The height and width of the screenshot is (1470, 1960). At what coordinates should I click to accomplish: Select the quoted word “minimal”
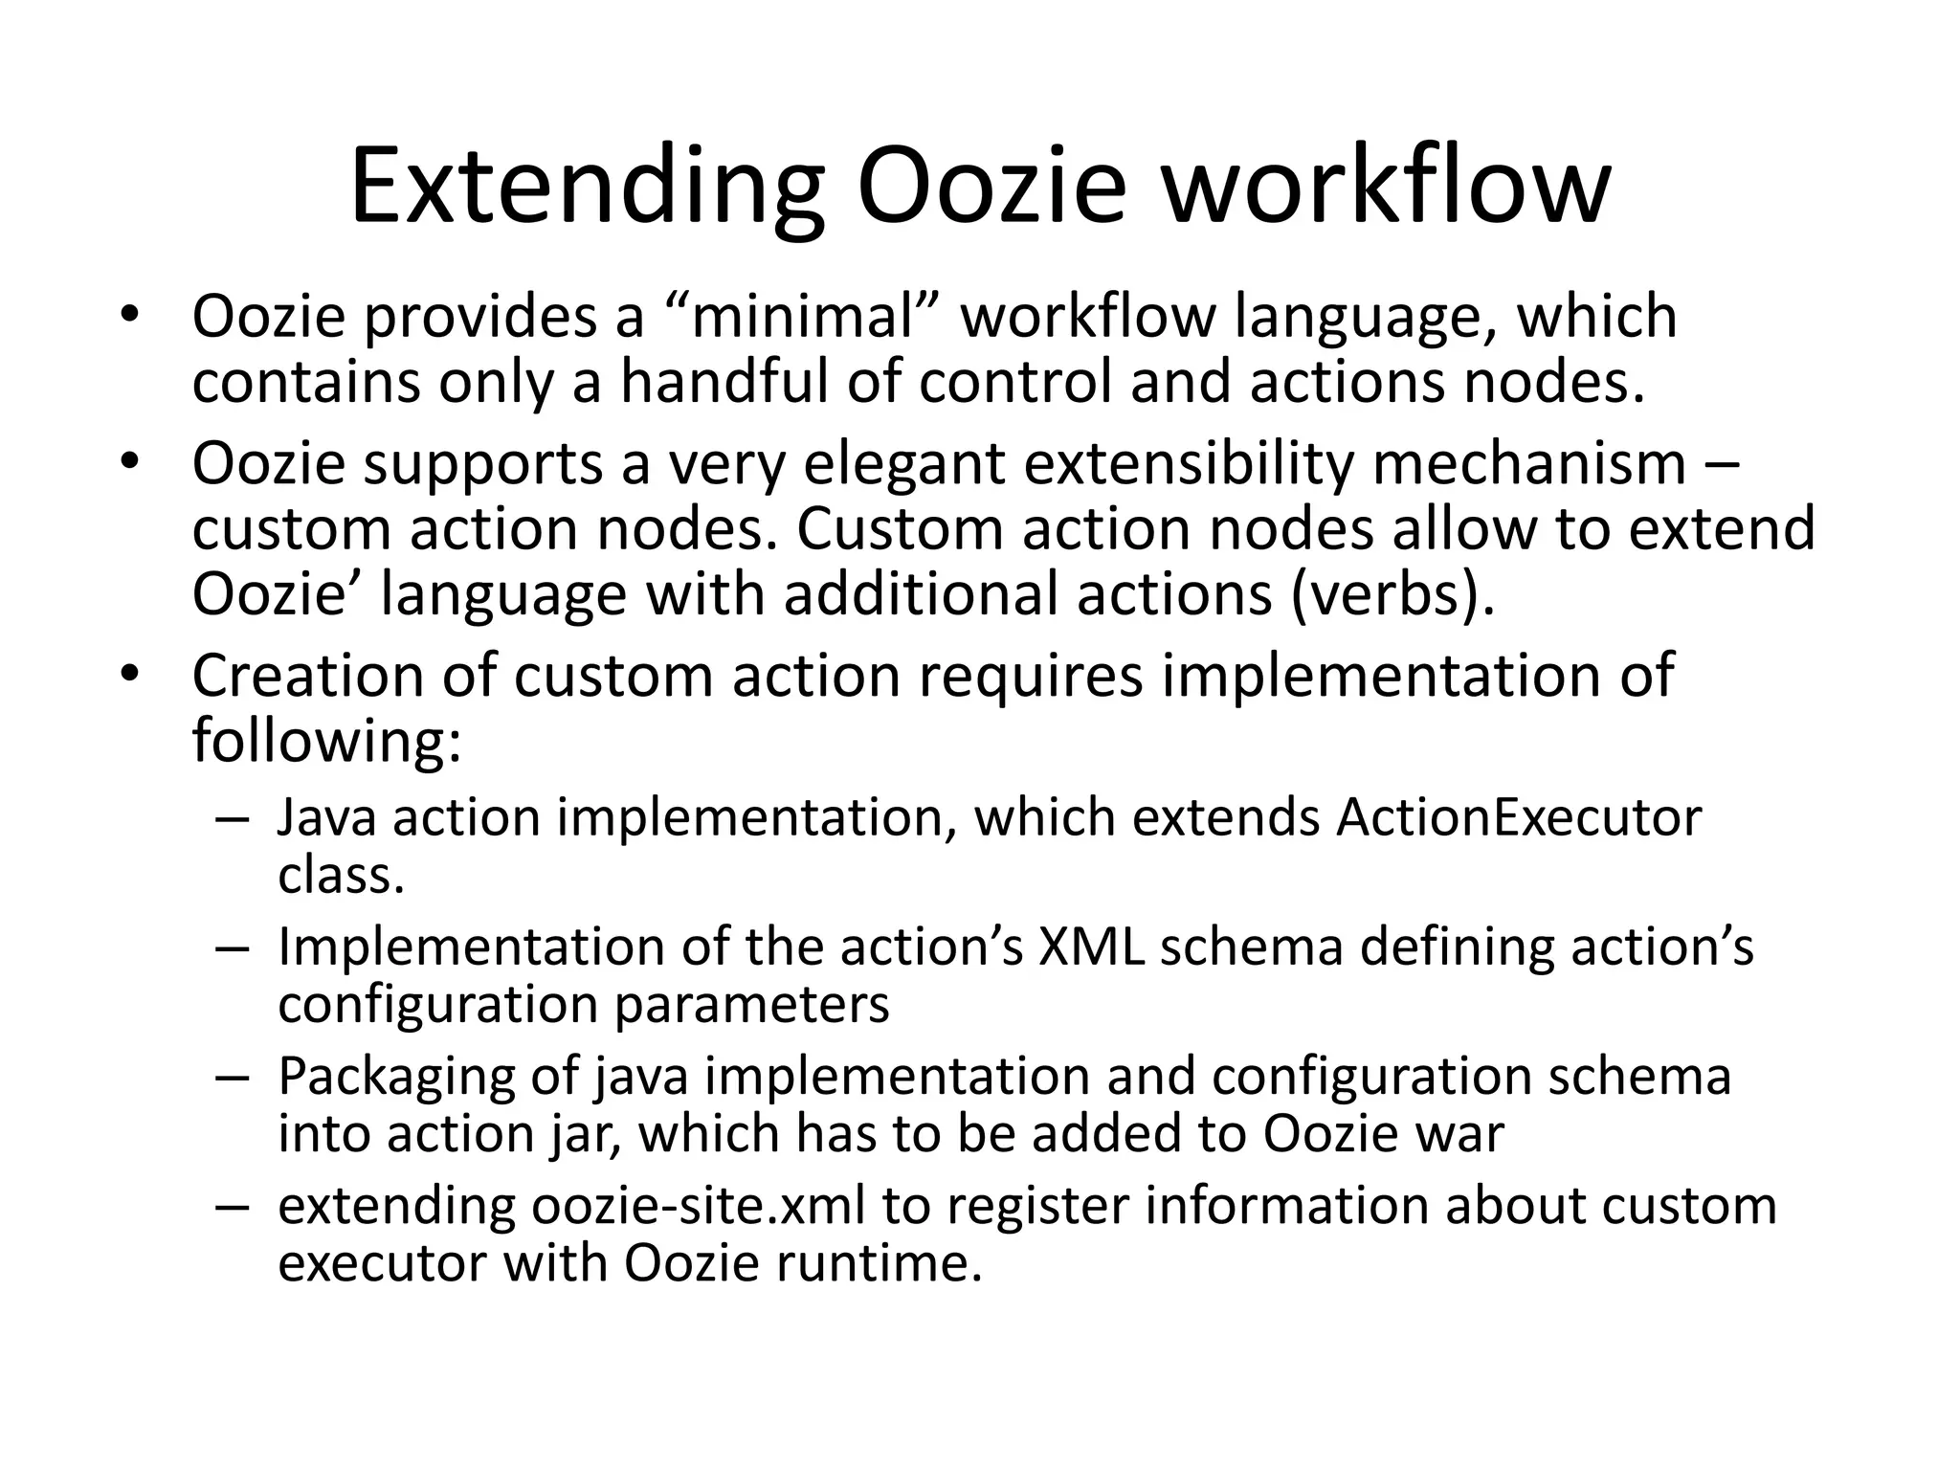(x=803, y=317)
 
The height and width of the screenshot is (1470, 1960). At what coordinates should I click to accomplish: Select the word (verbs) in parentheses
(x=1392, y=594)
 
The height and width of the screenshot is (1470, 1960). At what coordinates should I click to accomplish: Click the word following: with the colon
(x=326, y=741)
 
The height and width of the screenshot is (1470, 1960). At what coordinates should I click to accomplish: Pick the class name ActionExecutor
(x=1519, y=818)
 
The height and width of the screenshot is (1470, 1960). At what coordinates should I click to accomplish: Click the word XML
(x=1091, y=947)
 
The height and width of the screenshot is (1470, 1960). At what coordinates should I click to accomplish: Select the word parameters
(x=751, y=1005)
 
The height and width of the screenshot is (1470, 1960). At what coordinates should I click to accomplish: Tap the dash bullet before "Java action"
(x=233, y=820)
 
